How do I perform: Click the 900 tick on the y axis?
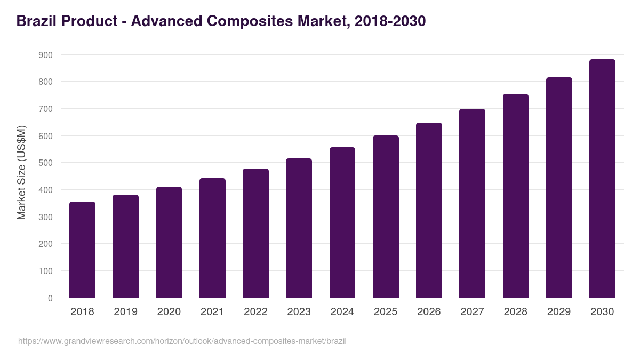point(45,55)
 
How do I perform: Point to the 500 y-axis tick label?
point(45,163)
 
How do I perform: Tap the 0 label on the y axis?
point(50,298)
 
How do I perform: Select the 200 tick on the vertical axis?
point(45,244)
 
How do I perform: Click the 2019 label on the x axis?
point(125,311)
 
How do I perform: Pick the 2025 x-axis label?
point(386,311)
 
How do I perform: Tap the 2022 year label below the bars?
point(255,311)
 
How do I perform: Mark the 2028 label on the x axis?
point(516,311)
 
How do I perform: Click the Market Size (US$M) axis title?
point(21,172)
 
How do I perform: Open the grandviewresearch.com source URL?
point(182,341)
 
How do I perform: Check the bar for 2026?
point(429,210)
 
